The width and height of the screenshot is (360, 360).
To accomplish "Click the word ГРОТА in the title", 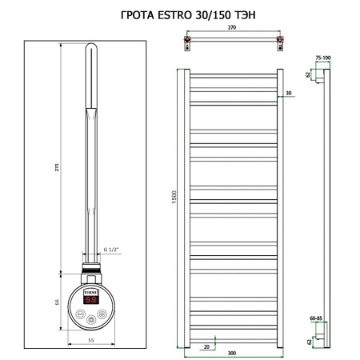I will [x=133, y=14].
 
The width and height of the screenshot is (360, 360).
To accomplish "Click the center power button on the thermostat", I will [x=93, y=319].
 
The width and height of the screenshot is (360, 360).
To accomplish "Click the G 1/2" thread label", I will [x=111, y=250].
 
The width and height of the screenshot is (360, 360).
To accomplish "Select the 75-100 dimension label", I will [x=322, y=58].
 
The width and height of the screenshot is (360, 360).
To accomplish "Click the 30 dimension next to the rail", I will [x=289, y=94].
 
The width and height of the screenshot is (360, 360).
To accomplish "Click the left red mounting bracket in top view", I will [x=187, y=39].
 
